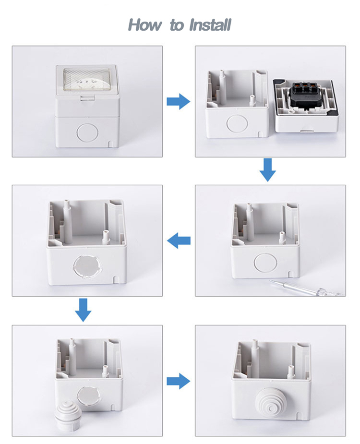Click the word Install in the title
(210, 25)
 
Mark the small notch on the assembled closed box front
(110, 144)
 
